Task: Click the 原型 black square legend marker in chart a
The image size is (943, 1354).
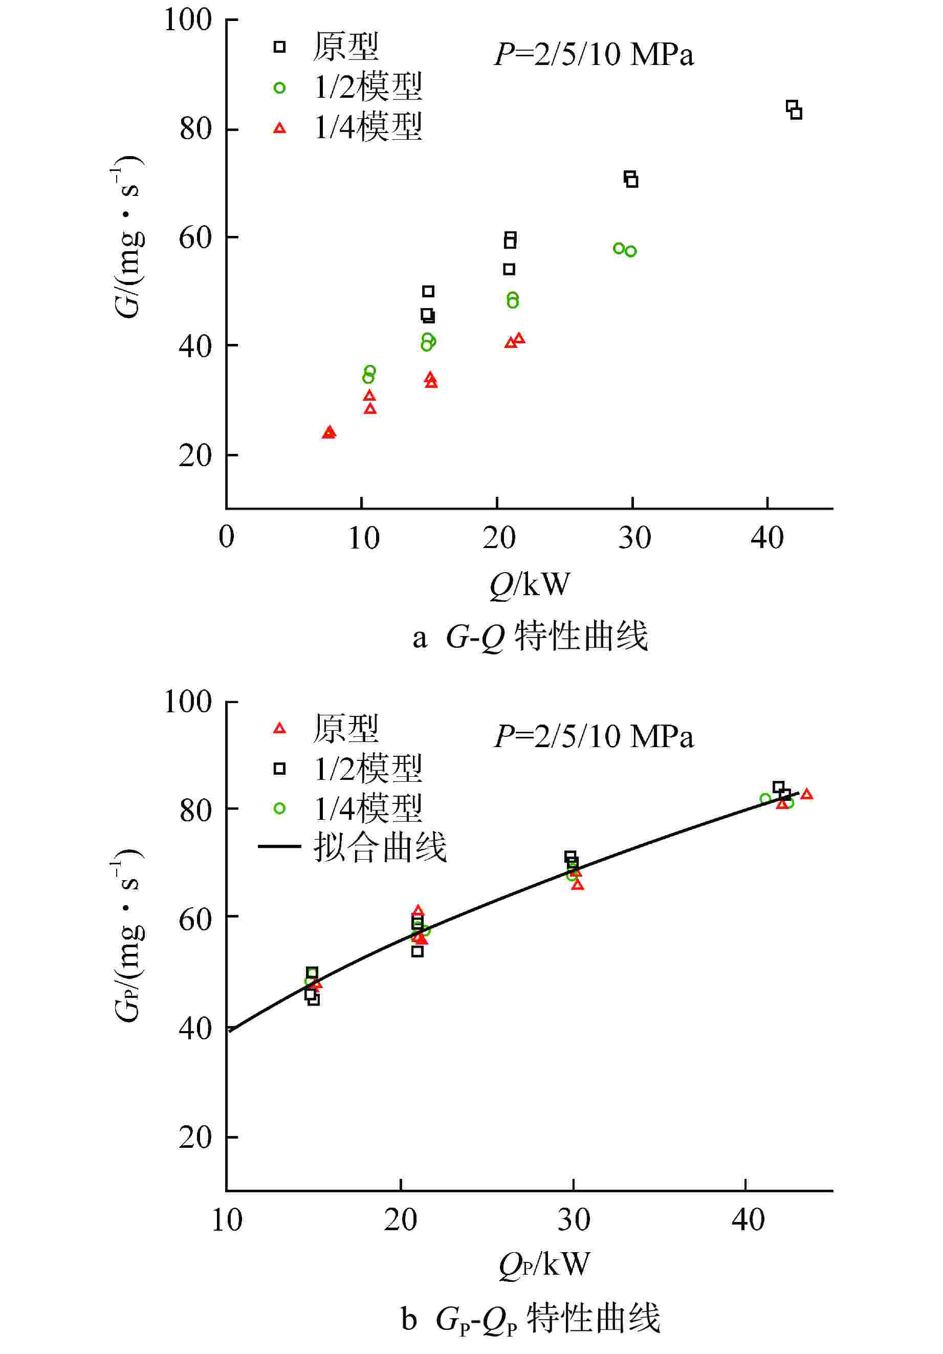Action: coord(279,47)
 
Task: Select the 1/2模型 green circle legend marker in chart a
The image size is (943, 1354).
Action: coord(279,88)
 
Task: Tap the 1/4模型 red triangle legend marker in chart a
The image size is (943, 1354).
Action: coord(279,128)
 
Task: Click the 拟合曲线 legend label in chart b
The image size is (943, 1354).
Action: coord(380,847)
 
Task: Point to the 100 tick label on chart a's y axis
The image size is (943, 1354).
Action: coord(188,19)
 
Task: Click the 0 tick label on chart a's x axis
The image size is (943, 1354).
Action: coord(227,537)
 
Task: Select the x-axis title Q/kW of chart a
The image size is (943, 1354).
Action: coord(530,584)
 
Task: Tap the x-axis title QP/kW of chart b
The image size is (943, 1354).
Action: coord(544,1264)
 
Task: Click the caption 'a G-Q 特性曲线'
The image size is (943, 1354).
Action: coord(530,637)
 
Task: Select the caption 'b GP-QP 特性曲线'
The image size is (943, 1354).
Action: coord(530,1319)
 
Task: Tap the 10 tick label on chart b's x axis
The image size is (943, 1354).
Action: coord(227,1219)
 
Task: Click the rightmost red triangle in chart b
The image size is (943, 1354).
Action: coord(807,794)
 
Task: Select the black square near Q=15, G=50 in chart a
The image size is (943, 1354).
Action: coord(428,291)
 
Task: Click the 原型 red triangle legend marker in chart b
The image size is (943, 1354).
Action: coord(279,729)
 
